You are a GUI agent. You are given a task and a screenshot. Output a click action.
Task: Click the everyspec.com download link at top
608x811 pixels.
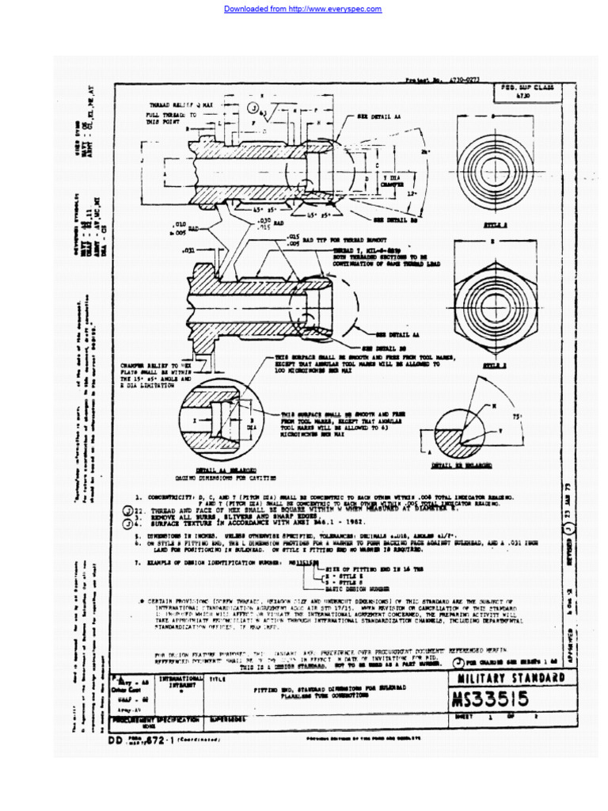(x=303, y=10)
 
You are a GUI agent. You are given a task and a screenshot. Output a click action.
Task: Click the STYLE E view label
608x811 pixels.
(x=494, y=366)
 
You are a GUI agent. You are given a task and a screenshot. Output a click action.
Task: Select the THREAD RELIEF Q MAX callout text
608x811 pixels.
(x=181, y=105)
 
